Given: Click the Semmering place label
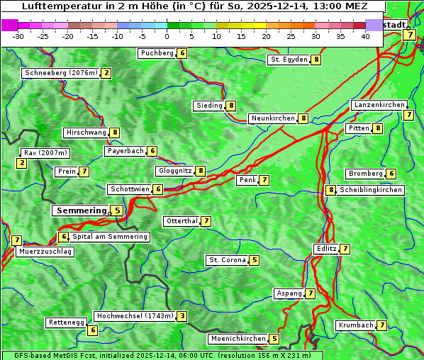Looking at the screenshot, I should click(80, 210).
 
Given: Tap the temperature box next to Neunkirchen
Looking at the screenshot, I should click(303, 118).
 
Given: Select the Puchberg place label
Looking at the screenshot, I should click(157, 53).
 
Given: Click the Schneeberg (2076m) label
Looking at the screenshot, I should click(60, 73).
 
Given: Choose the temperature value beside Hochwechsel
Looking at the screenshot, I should click(183, 316).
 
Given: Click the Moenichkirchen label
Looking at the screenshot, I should click(239, 339).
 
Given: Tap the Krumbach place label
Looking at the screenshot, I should click(355, 325).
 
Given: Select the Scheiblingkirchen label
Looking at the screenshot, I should click(371, 190).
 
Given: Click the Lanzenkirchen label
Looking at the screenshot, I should click(379, 105).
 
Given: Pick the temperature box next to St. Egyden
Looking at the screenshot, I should click(316, 60).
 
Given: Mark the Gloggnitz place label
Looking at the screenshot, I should click(174, 171).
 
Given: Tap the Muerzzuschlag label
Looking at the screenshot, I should click(45, 252).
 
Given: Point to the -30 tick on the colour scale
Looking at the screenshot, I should click(18, 36).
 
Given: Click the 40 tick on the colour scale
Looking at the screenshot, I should click(365, 36).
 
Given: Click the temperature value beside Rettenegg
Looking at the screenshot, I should click(92, 330).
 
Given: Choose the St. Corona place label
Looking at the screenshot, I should click(227, 260).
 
